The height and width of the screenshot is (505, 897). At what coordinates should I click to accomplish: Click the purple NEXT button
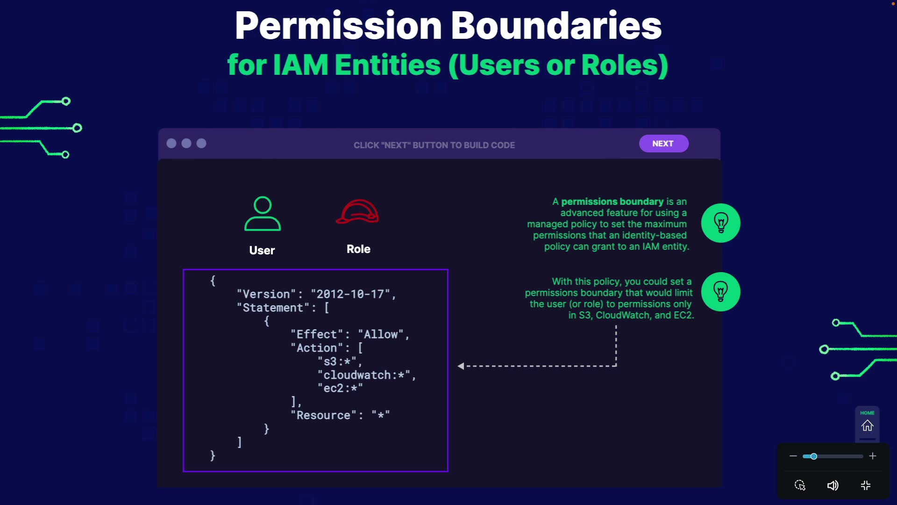point(663,144)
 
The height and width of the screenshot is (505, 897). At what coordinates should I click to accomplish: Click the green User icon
point(263,214)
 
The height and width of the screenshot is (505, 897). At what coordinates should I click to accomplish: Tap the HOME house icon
point(867,426)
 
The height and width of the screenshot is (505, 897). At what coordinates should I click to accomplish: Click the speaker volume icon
point(833,485)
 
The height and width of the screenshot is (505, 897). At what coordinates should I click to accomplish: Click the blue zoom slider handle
point(813,456)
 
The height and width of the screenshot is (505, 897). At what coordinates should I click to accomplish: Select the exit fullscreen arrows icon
point(866,485)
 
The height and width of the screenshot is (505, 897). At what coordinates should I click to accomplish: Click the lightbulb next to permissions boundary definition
point(720,223)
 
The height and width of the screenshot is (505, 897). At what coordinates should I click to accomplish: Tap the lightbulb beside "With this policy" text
point(720,292)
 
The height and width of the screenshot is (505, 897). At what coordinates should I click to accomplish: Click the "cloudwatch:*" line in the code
point(366,375)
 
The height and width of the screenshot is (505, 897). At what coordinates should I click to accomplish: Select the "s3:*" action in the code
point(340,361)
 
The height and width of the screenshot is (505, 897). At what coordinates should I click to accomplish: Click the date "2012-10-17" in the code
point(350,294)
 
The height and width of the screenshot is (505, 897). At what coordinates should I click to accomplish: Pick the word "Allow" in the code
point(381,334)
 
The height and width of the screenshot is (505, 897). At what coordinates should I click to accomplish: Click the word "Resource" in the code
point(323,415)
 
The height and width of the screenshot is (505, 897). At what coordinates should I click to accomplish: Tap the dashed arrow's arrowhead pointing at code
point(461,366)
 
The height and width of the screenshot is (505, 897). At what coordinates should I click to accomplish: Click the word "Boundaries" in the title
point(556,26)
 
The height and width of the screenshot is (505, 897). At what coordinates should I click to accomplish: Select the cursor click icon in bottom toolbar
point(800,485)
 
